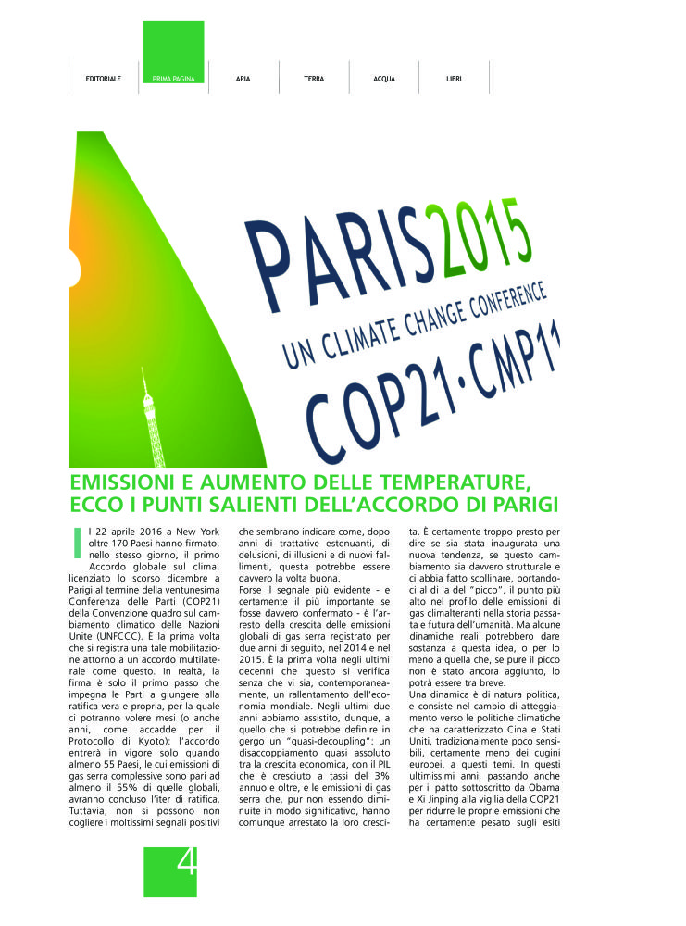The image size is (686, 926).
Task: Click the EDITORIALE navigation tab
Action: tap(103, 79)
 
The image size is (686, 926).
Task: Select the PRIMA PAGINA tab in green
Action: tap(173, 79)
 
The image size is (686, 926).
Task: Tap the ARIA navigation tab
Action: tap(243, 79)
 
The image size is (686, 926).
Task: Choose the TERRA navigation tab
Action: tap(314, 79)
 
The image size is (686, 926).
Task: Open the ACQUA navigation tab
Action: tap(384, 79)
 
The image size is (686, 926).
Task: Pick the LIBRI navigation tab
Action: tap(454, 79)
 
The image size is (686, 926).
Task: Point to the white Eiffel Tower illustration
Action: tap(145, 416)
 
